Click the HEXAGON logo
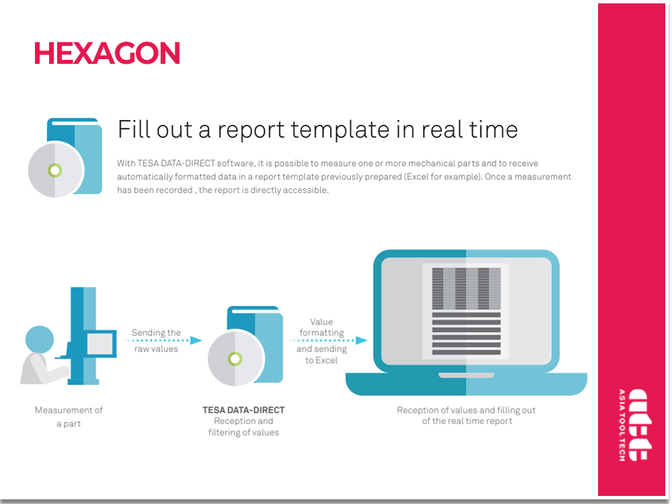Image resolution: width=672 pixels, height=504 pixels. click(x=107, y=53)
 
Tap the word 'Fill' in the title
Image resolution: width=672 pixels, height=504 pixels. click(x=134, y=129)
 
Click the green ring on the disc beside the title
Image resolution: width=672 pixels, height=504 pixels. click(x=55, y=170)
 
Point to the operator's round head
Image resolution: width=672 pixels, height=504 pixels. click(x=40, y=339)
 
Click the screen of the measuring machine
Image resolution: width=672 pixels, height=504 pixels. click(x=100, y=343)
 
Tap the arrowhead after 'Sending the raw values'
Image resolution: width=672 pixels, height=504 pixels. click(x=196, y=340)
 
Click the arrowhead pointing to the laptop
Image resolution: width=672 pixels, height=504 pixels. click(x=362, y=340)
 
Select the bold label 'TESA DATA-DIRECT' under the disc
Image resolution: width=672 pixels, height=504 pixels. click(x=243, y=410)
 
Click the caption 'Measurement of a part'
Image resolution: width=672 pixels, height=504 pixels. click(x=69, y=417)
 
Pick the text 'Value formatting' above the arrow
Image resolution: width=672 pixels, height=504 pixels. click(x=321, y=327)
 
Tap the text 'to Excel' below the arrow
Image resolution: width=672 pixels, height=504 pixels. click(x=321, y=360)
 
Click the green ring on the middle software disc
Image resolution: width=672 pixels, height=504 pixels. click(x=235, y=358)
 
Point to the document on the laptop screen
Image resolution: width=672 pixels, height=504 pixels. click(x=466, y=311)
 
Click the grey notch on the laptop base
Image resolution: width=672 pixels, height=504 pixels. click(x=466, y=376)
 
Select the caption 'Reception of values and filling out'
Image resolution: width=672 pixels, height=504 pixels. click(x=466, y=410)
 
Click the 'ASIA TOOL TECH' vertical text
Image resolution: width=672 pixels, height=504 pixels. click(x=622, y=425)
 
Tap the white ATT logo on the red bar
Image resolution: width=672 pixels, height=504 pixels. click(x=640, y=425)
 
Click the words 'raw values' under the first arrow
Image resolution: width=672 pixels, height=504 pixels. click(x=156, y=349)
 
